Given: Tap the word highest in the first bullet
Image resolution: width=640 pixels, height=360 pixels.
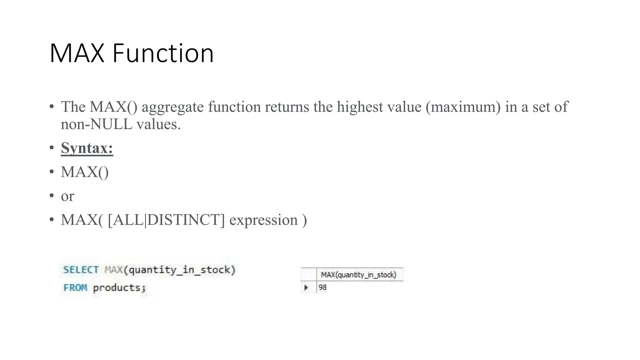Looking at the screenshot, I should tap(360, 107).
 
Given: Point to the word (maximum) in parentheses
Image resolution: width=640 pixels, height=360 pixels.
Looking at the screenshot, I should tap(463, 107).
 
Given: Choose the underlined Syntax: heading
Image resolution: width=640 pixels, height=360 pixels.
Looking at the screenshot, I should tap(87, 148).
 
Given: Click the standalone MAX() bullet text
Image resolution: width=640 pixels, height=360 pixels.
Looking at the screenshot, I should tap(85, 172).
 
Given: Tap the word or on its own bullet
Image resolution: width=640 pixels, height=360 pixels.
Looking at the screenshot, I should tap(67, 196).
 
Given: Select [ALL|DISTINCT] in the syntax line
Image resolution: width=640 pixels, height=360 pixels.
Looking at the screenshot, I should tap(166, 220).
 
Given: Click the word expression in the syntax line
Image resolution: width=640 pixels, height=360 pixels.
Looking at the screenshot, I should tap(263, 220).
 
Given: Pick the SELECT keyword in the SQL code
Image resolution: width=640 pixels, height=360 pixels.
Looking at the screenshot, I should tap(81, 270).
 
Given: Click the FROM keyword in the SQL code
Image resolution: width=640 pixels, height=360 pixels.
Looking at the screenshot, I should tap(75, 287).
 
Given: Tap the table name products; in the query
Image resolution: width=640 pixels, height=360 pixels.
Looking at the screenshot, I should tap(119, 287).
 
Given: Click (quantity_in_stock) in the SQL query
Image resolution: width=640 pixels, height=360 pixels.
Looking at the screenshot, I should tap(179, 270).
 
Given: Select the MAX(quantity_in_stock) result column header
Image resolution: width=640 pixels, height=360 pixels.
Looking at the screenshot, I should tap(358, 275).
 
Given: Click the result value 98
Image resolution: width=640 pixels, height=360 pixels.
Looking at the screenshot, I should tap(322, 287).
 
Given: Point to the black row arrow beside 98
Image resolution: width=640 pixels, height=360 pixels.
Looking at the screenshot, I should tap(306, 287).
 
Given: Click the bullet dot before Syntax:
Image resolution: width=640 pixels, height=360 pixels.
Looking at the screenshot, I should tap(52, 147).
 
